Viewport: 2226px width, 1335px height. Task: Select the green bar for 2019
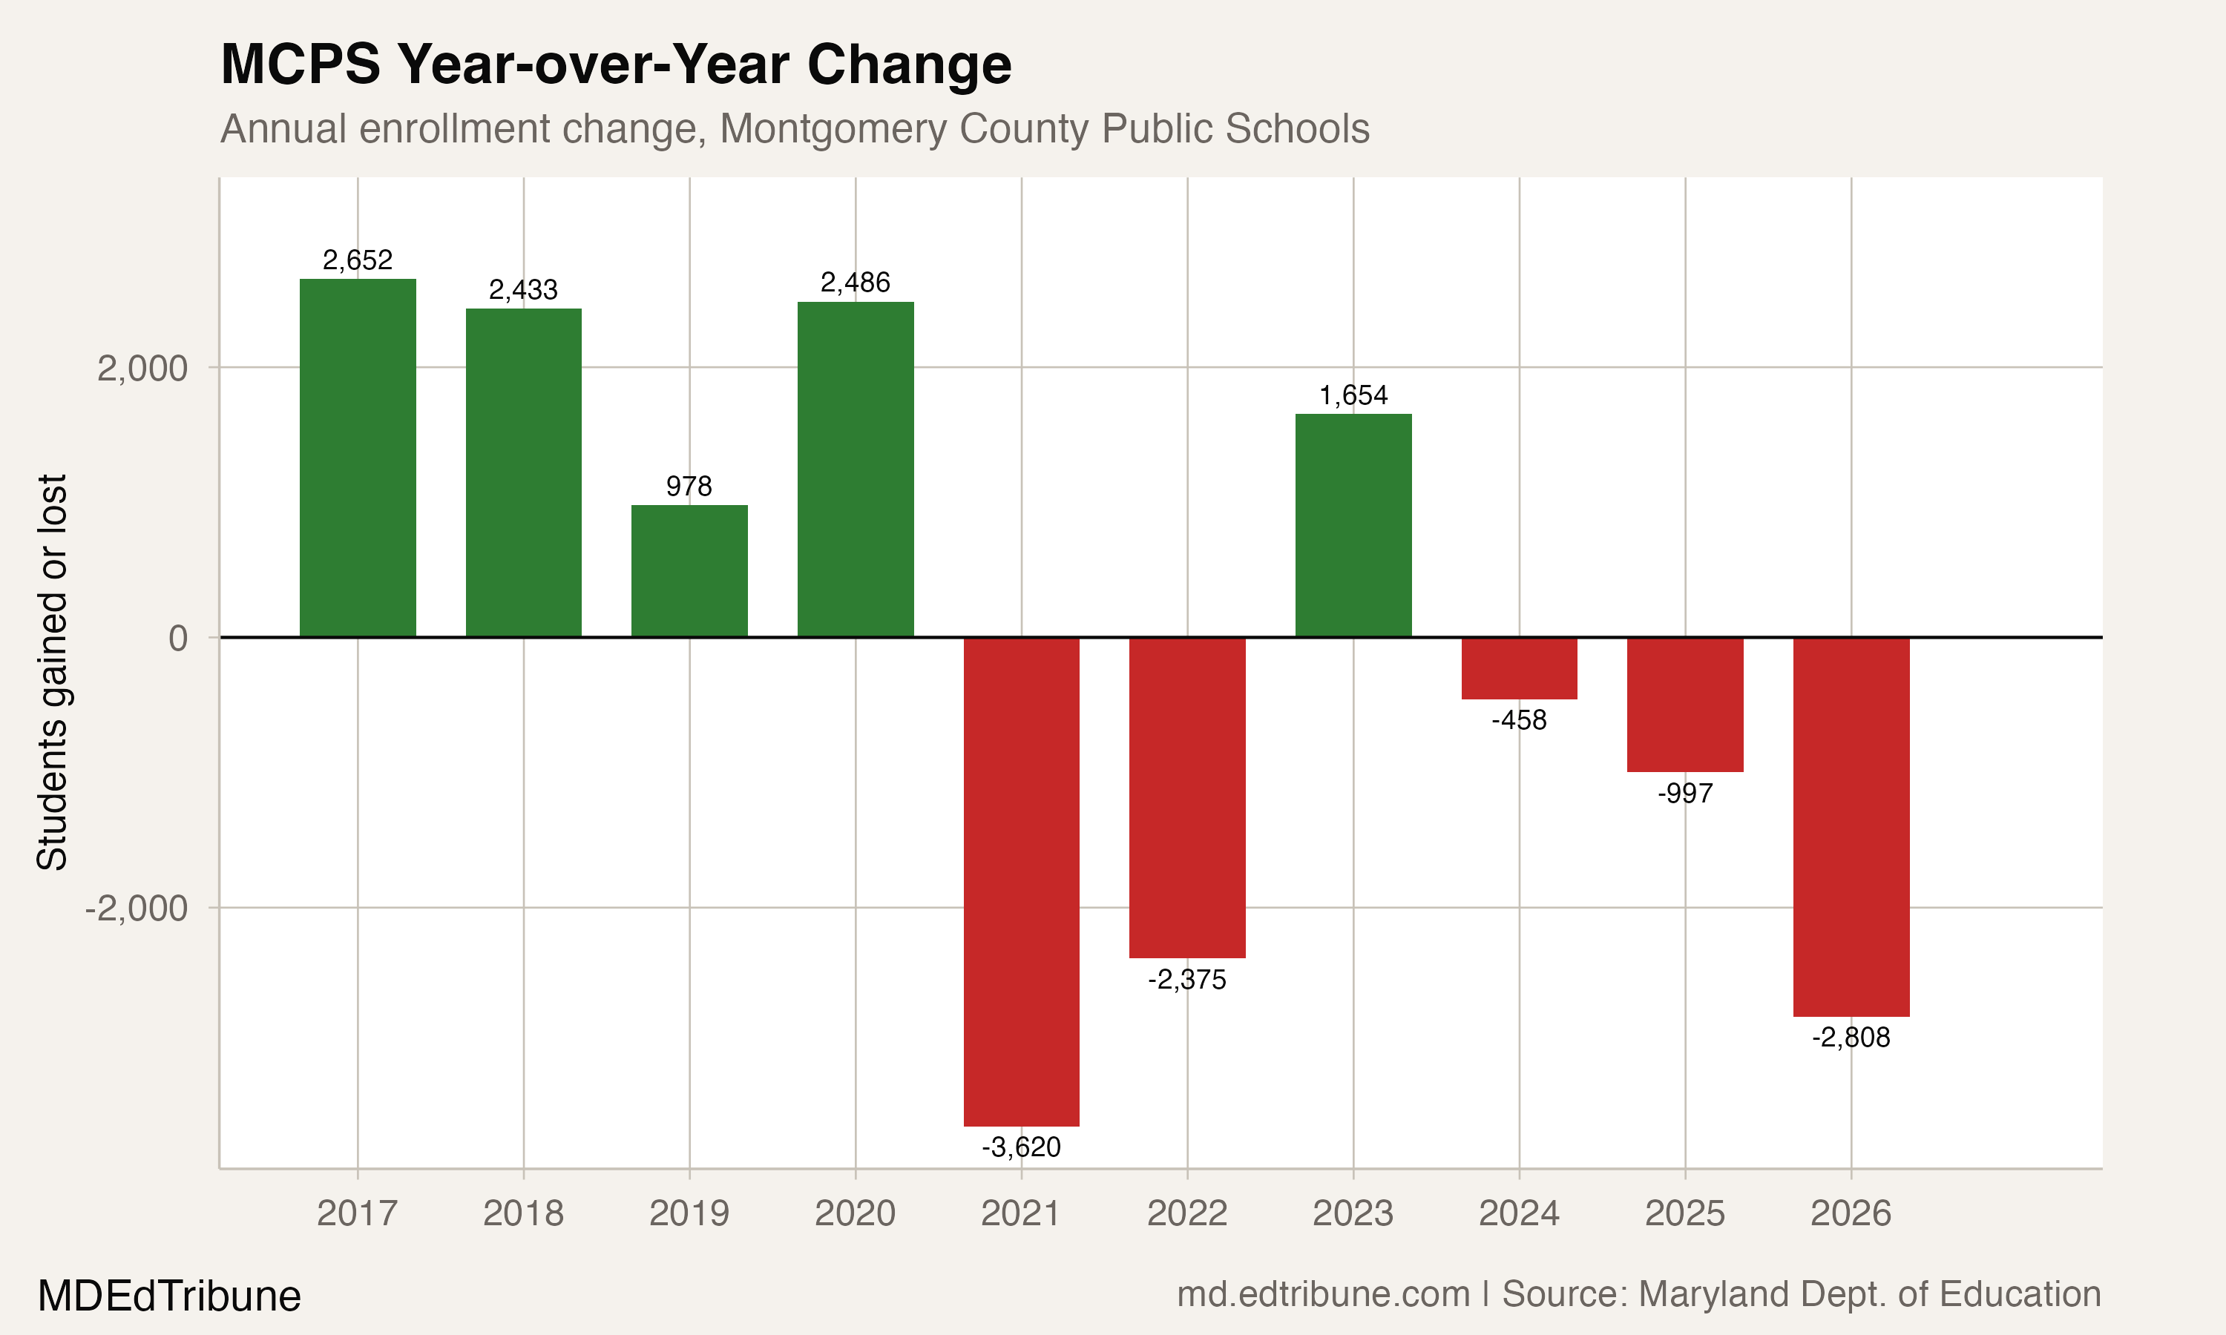click(x=689, y=571)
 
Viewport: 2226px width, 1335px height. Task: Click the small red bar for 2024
click(x=1519, y=668)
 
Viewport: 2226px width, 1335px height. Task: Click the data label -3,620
click(x=1021, y=1147)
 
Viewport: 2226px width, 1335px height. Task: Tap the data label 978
click(x=689, y=486)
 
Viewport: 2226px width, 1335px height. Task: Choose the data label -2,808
click(x=1851, y=1038)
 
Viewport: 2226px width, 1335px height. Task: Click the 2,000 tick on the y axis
click(x=142, y=368)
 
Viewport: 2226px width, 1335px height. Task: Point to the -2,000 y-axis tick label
click(x=137, y=908)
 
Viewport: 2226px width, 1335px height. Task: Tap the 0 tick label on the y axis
click(x=178, y=638)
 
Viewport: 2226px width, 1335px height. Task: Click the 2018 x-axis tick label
click(x=523, y=1213)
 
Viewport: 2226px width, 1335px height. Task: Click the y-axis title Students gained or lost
click(x=52, y=672)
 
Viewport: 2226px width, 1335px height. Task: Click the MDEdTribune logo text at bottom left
click(x=169, y=1296)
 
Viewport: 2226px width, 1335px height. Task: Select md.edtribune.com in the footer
click(x=1323, y=1293)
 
